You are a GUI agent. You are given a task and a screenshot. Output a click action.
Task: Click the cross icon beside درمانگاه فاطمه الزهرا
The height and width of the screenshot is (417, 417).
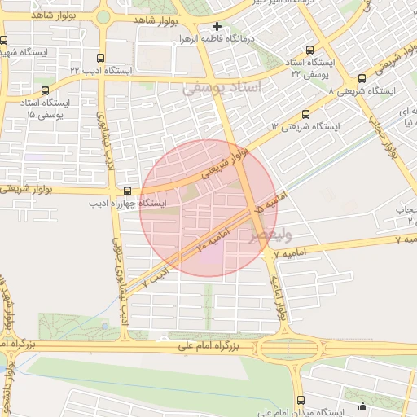217,27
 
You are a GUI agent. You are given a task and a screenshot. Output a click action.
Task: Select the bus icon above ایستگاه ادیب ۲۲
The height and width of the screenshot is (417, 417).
100,58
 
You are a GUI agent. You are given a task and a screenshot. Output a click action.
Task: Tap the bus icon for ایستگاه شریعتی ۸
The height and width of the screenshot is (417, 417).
362,79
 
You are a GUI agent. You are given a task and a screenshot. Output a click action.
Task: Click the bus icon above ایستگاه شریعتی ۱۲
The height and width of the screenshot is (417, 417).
305,114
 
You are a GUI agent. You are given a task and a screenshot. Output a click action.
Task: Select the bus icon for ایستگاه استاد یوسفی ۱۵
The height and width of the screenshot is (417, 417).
44,90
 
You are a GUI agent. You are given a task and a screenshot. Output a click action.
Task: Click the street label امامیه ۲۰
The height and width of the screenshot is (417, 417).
214,240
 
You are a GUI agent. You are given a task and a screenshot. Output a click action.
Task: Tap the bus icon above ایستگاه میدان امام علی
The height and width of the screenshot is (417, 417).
301,399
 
